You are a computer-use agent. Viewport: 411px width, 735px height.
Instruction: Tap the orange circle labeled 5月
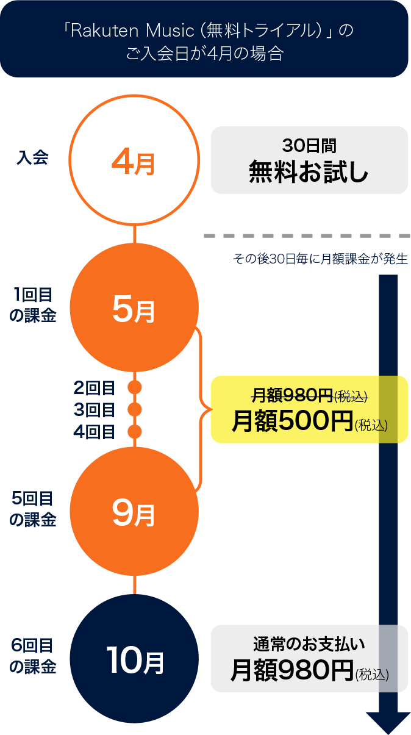click(x=134, y=308)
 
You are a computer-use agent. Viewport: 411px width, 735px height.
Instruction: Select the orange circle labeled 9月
click(x=134, y=511)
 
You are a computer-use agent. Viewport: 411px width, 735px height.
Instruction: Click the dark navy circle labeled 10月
click(x=134, y=659)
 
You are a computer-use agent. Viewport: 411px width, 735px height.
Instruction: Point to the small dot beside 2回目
click(x=135, y=387)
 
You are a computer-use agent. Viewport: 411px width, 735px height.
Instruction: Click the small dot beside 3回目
click(x=135, y=409)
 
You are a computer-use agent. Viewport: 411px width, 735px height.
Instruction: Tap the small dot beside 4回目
click(x=135, y=431)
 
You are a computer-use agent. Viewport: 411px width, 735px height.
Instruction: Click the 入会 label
click(x=32, y=157)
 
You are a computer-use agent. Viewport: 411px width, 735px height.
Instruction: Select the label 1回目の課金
click(x=32, y=305)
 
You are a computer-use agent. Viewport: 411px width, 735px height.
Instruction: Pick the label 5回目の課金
click(x=32, y=509)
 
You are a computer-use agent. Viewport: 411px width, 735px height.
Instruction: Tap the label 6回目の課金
click(x=32, y=656)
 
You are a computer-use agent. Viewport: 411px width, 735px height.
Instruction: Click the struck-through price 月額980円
click(x=293, y=395)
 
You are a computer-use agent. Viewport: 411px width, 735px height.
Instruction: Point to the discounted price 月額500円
click(x=293, y=421)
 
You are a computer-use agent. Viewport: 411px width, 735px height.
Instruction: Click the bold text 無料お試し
click(x=309, y=171)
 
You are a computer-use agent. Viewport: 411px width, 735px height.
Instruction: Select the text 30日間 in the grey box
click(x=309, y=146)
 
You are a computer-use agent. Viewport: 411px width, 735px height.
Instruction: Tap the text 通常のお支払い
click(x=309, y=644)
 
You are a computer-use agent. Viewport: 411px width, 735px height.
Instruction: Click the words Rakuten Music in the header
click(x=132, y=30)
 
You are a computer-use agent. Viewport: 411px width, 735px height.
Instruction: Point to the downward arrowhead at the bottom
click(x=388, y=723)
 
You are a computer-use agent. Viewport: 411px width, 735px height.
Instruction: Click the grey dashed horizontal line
click(x=307, y=236)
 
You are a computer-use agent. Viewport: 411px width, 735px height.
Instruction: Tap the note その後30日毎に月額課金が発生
click(x=321, y=259)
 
